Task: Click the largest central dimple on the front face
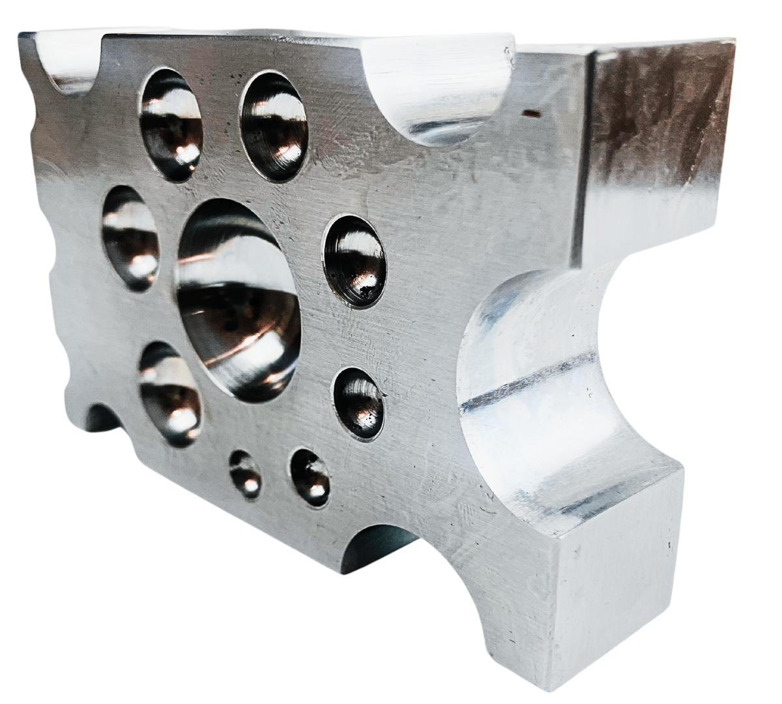(239, 300)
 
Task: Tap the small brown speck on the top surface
(533, 113)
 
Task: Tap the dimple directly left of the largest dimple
(130, 239)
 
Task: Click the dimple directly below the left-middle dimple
(169, 394)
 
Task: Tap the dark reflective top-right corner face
(658, 130)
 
